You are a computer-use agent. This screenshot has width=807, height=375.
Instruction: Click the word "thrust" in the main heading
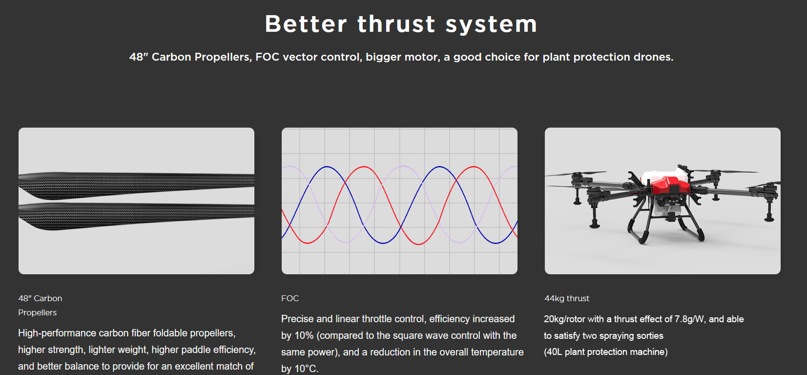tap(396, 24)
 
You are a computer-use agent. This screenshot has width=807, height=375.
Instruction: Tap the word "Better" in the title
tap(306, 24)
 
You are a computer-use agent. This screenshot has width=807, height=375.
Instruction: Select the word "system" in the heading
tap(492, 25)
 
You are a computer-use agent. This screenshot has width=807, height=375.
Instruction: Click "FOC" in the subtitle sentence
tap(268, 57)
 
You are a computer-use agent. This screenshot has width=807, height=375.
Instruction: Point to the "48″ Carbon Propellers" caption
tap(40, 306)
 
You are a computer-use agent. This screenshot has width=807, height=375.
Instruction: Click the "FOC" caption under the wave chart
tap(290, 298)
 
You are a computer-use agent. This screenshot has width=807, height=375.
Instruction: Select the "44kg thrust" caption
tap(567, 298)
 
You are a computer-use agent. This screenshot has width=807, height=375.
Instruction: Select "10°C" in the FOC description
tap(306, 369)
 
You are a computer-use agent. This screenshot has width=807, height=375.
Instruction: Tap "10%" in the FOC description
tap(304, 336)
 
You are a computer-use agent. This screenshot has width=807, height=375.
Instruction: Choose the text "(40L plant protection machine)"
tap(605, 352)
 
